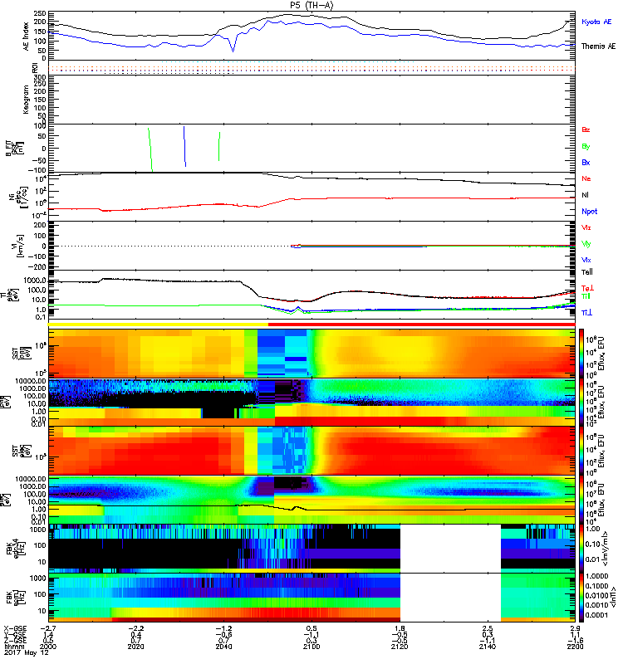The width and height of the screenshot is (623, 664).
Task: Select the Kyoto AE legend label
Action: (596, 22)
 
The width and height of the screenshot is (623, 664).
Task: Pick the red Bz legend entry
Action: (586, 130)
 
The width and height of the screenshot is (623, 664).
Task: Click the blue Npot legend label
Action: (589, 212)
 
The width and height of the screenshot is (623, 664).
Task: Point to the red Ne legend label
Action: (586, 179)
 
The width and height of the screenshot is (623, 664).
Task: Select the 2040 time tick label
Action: (223, 648)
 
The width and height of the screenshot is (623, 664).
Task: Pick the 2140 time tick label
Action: (487, 648)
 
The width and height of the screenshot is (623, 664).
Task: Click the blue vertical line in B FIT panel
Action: (184, 146)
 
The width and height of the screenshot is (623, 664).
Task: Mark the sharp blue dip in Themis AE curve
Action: (233, 50)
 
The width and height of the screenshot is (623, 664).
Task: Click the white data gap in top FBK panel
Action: (450, 546)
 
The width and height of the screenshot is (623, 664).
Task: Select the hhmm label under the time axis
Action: (12, 648)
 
